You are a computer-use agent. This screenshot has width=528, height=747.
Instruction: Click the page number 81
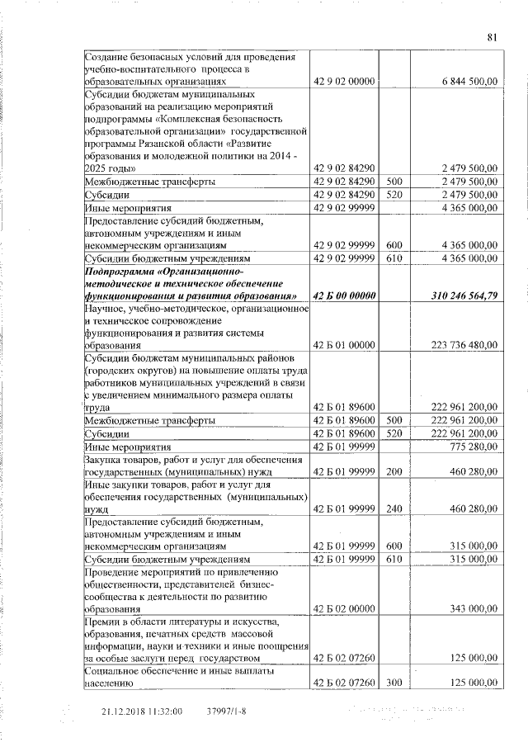[493, 37]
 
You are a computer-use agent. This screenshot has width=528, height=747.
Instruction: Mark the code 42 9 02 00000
[345, 82]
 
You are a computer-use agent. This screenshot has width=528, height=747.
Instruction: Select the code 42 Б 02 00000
[345, 608]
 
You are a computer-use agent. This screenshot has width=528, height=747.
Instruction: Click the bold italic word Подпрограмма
[122, 271]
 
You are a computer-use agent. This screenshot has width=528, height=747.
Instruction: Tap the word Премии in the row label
[105, 621]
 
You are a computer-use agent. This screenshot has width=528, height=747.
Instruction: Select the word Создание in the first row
[110, 57]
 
